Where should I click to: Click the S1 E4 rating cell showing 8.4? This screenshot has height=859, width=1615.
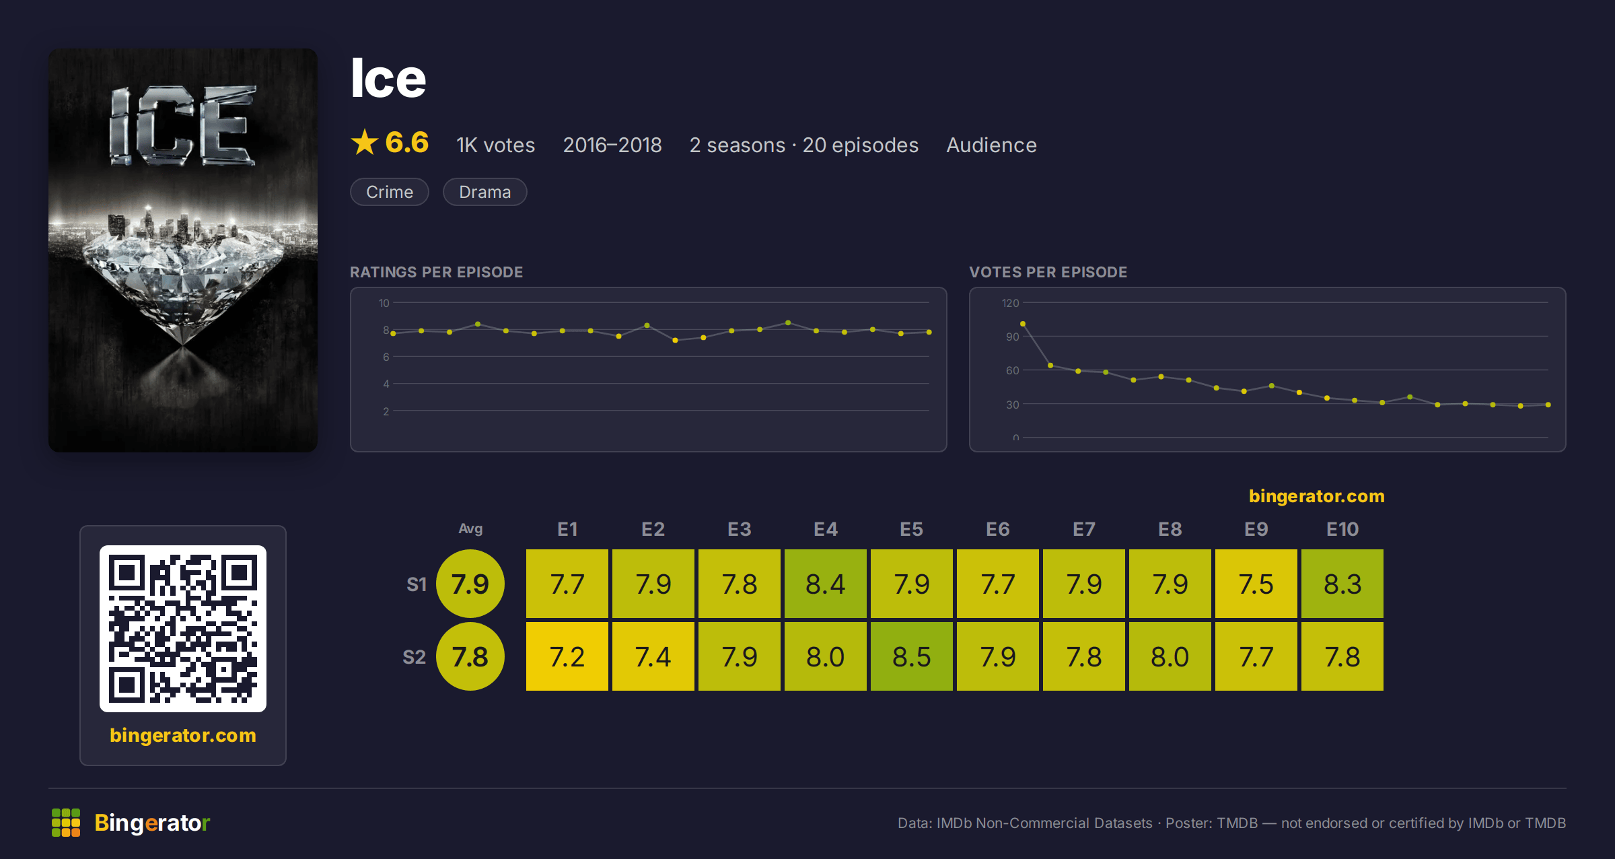pos(826,584)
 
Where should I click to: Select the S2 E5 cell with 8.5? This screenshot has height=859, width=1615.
pos(912,656)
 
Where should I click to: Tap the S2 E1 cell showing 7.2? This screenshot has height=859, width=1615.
pos(567,656)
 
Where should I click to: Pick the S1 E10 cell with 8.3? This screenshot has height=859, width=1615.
pos(1342,584)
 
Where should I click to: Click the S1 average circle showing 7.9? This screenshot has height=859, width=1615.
pos(470,584)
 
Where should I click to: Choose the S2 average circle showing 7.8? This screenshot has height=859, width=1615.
pos(470,656)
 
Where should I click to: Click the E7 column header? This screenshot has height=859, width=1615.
pos(1084,529)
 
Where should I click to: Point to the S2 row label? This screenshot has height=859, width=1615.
pos(415,657)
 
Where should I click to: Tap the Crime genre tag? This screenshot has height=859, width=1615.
pos(390,192)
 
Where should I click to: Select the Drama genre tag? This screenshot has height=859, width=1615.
pos(485,192)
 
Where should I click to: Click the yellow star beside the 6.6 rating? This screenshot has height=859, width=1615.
pos(365,142)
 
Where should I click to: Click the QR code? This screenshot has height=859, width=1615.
pos(183,629)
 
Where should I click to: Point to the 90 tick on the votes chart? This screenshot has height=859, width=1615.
pos(1013,337)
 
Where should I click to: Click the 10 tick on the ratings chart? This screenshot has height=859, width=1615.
pos(384,303)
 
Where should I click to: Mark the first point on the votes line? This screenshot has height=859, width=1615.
pos(1023,324)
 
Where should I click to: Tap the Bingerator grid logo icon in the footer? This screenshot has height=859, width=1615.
pos(66,823)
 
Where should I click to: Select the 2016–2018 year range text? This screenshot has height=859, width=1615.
pos(612,145)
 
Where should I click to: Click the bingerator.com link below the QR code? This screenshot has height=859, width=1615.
pos(183,735)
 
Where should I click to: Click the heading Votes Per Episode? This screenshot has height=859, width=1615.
pos(1048,272)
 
